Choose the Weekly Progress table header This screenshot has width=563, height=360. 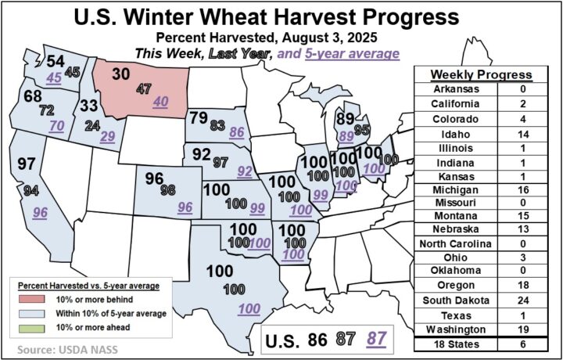click(x=482, y=74)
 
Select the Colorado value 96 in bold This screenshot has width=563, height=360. click(x=154, y=178)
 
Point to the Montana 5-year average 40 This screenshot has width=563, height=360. click(x=161, y=101)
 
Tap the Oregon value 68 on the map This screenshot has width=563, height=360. click(x=33, y=96)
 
